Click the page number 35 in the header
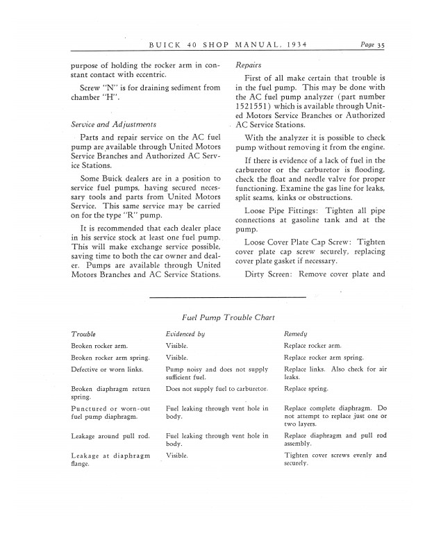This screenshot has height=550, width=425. (x=381, y=47)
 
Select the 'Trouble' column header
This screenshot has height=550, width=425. (x=83, y=334)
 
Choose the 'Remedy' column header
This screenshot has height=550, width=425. (x=296, y=334)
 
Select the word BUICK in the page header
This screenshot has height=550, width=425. (x=163, y=47)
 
